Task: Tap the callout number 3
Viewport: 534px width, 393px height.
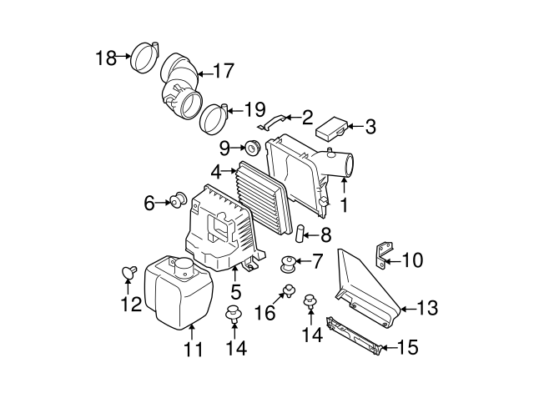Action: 370,128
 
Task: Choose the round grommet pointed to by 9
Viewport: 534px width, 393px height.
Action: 252,148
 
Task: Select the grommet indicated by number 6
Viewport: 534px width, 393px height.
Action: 178,200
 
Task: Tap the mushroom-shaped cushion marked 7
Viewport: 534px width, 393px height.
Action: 290,264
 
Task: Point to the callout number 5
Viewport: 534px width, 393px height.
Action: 236,291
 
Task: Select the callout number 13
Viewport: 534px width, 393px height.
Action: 426,309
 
